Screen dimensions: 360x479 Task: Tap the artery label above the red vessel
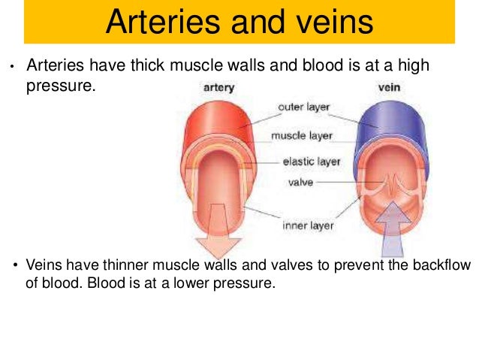point(218,88)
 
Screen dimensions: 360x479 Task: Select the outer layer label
point(303,107)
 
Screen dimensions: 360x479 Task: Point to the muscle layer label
point(301,136)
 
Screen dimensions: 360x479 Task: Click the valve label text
point(300,182)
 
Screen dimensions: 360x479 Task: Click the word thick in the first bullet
point(139,67)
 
